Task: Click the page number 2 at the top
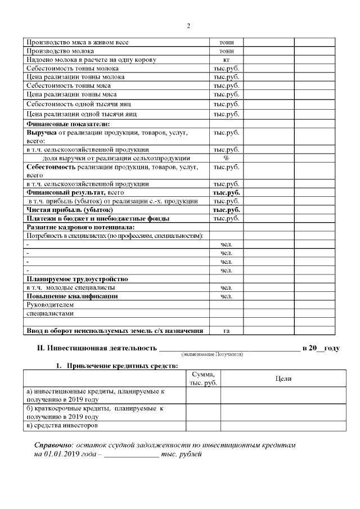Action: tap(188, 26)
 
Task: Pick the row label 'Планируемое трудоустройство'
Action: tap(78, 278)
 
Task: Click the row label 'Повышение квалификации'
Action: tap(72, 296)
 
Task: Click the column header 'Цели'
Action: tap(283, 379)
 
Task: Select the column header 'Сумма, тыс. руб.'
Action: tap(203, 379)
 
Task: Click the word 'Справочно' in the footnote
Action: tap(52, 445)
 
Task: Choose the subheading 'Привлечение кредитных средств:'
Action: tap(122, 366)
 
